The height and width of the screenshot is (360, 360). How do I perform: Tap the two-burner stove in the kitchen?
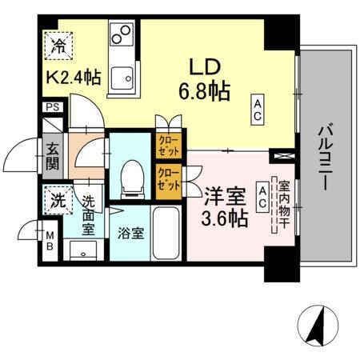122,36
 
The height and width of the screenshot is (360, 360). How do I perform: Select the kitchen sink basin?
122,78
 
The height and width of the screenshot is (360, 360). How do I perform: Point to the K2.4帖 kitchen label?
73,79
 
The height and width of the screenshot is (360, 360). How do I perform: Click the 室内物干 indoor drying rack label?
282,204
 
